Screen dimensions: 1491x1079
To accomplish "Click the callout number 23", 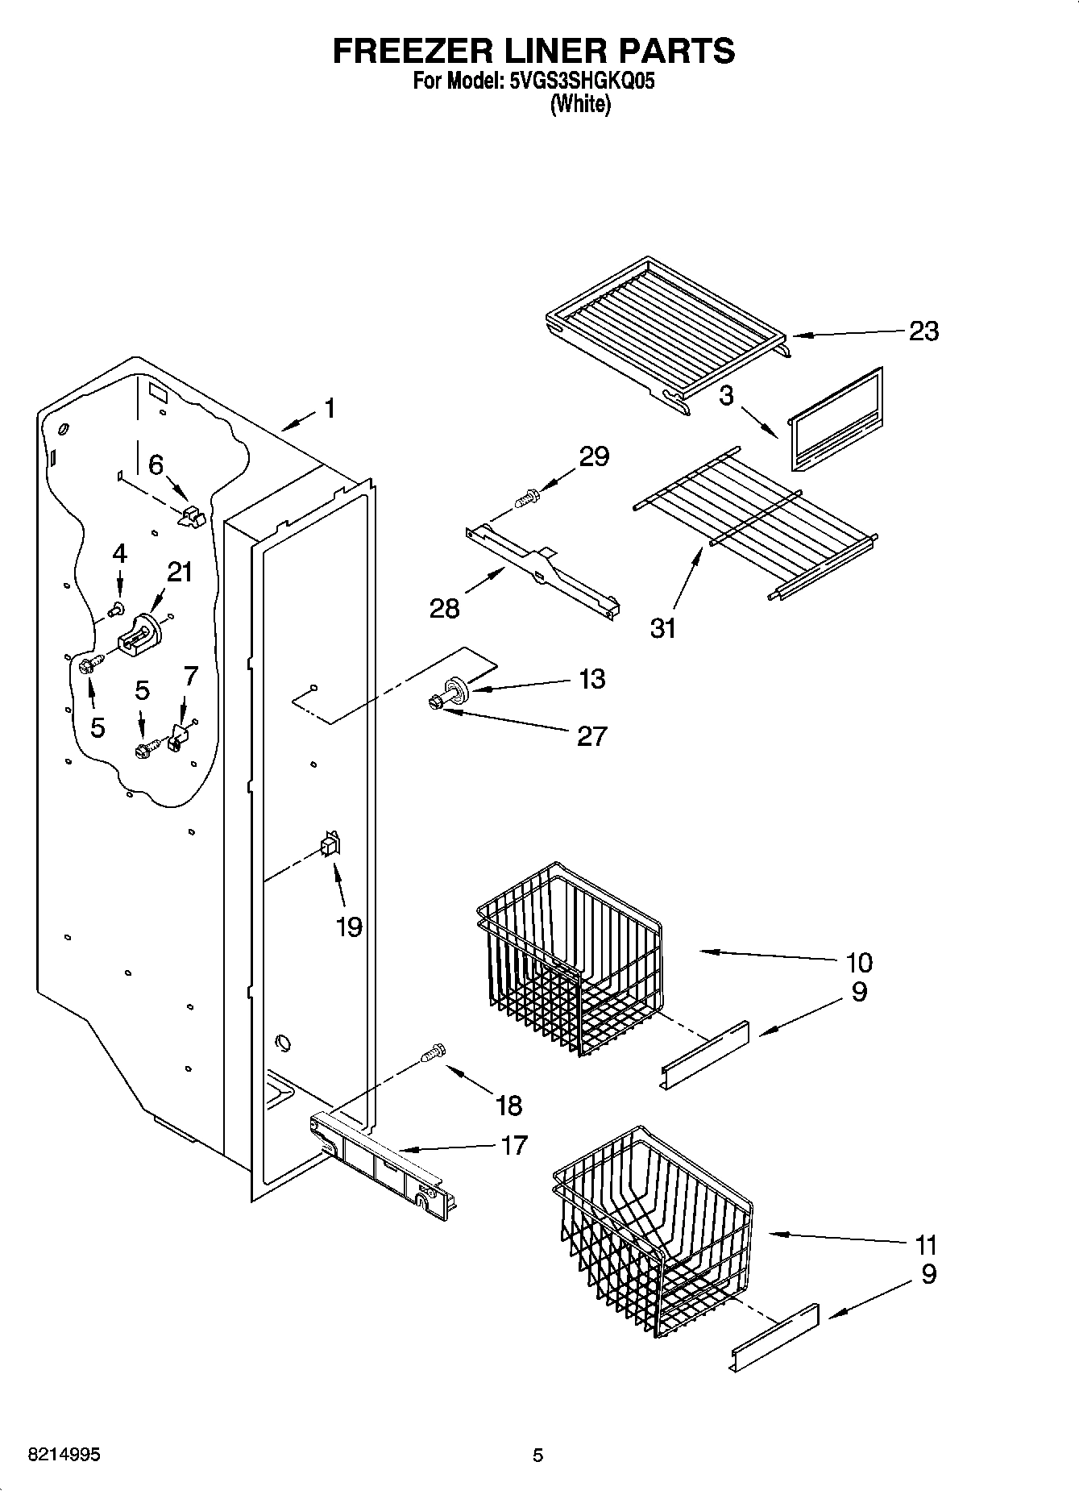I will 923,331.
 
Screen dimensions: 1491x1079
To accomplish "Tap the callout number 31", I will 663,627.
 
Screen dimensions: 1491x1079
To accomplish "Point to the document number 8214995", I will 64,1456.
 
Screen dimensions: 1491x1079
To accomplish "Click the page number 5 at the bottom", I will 537,1456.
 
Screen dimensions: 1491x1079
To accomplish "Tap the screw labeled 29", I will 529,498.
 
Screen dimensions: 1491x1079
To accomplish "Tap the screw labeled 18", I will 434,1052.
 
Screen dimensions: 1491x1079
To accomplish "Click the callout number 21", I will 180,572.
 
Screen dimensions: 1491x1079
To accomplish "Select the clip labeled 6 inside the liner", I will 191,516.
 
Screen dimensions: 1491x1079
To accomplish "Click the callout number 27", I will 591,735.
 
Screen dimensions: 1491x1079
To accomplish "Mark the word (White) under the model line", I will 580,104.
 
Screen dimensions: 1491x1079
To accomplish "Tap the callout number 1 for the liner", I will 329,408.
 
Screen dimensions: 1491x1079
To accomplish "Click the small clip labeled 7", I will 177,738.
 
